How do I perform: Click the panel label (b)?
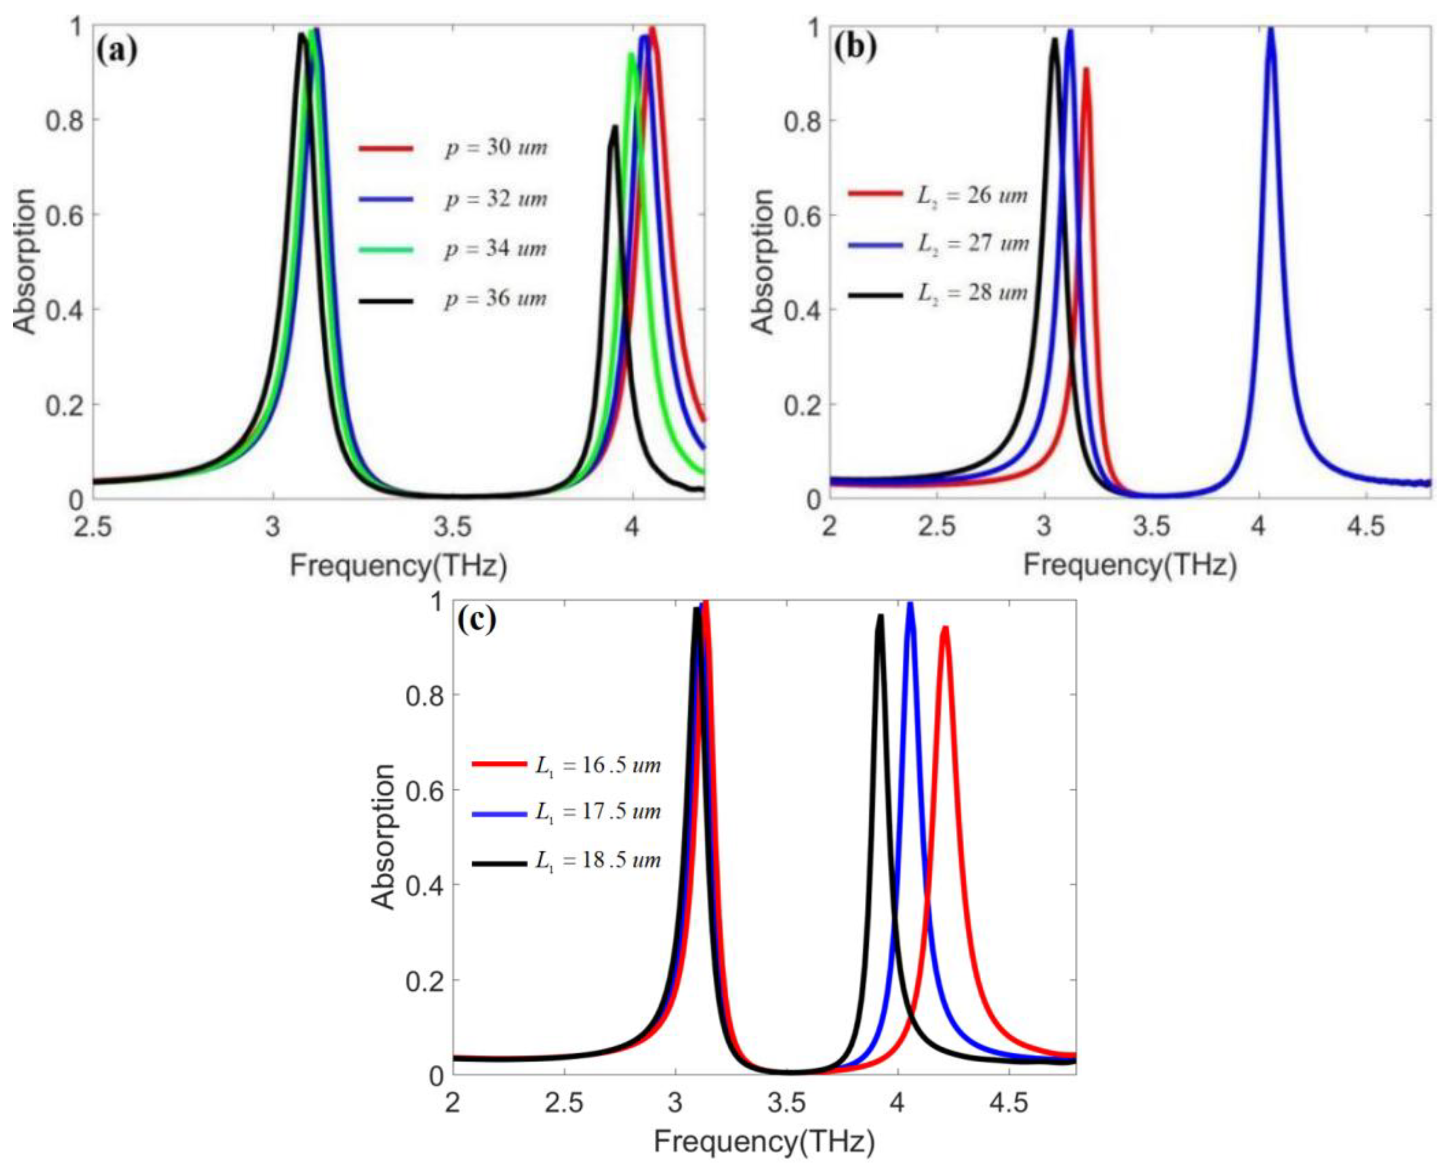pyautogui.click(x=855, y=49)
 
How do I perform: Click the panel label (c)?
pyautogui.click(x=477, y=620)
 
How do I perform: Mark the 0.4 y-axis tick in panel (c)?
pyautogui.click(x=424, y=885)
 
